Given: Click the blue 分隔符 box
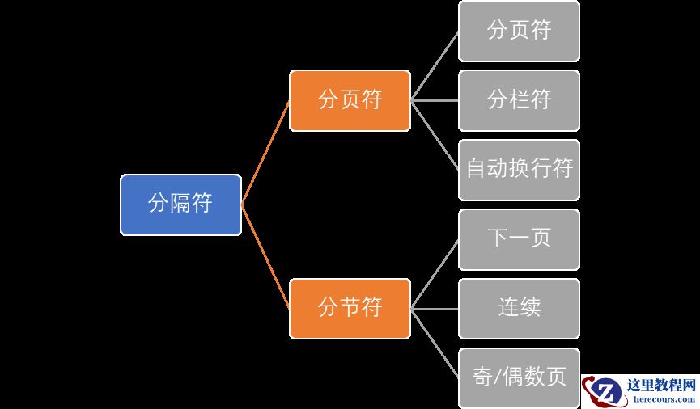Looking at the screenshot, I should pyautogui.click(x=180, y=204).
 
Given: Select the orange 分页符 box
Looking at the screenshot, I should pyautogui.click(x=350, y=100).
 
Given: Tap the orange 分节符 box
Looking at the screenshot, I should pyautogui.click(x=350, y=308).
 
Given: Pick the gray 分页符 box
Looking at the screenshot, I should pyautogui.click(x=519, y=32).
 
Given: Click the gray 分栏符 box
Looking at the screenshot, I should pyautogui.click(x=519, y=100).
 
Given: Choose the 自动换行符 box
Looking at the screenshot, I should pyautogui.click(x=519, y=170).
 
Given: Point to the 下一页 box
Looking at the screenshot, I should pyautogui.click(x=519, y=239).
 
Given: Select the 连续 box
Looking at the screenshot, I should pyautogui.click(x=519, y=308).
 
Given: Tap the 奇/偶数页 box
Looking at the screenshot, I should pyautogui.click(x=519, y=377).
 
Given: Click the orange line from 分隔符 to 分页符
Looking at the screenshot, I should pyautogui.click(x=265, y=153).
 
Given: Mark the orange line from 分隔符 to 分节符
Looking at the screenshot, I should pyautogui.click(x=265, y=256).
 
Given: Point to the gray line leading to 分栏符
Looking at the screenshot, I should pyautogui.click(x=435, y=101).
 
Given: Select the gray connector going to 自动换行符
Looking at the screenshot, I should pyautogui.click(x=435, y=135).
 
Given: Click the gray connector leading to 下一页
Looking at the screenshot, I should pyautogui.click(x=435, y=274).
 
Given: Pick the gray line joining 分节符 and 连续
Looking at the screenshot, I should pyautogui.click(x=435, y=309).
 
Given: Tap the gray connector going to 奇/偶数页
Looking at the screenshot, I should pyautogui.click(x=435, y=343).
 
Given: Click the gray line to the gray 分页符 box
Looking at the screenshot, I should pyautogui.click(x=435, y=66).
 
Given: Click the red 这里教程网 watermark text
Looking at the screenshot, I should pyautogui.click(x=662, y=385).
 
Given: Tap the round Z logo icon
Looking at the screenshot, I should pyautogui.click(x=603, y=391).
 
